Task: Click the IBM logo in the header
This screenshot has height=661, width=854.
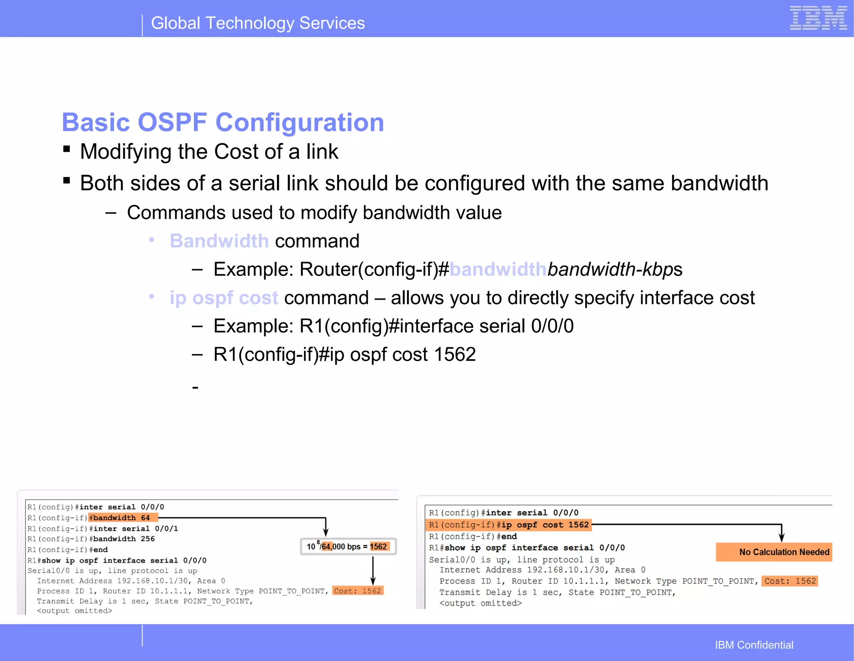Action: [x=818, y=18]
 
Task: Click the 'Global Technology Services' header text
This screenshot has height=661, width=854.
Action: [x=258, y=23]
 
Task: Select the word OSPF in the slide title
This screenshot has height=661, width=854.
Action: [x=172, y=123]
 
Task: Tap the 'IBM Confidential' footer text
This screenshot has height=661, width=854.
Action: [x=754, y=645]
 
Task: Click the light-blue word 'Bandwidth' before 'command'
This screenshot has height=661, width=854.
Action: [x=219, y=241]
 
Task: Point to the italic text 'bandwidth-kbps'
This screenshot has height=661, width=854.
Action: [x=615, y=270]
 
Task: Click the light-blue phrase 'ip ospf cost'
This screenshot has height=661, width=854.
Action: [x=224, y=298]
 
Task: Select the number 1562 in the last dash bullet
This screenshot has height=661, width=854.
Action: [x=455, y=355]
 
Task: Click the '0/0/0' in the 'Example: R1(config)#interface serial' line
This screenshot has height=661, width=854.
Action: [x=552, y=326]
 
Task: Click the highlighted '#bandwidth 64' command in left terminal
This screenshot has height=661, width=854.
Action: [x=123, y=518]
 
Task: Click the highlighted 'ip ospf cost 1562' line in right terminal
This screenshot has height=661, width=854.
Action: [x=509, y=525]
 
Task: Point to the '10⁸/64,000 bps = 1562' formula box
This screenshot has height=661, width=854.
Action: [x=348, y=547]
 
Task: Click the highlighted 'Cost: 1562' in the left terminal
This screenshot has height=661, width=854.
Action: [x=357, y=591]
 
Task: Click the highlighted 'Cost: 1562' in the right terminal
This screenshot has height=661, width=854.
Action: [x=789, y=581]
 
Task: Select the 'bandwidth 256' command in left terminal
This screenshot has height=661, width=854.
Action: [x=123, y=539]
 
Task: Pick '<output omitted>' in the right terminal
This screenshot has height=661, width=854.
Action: [x=480, y=603]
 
